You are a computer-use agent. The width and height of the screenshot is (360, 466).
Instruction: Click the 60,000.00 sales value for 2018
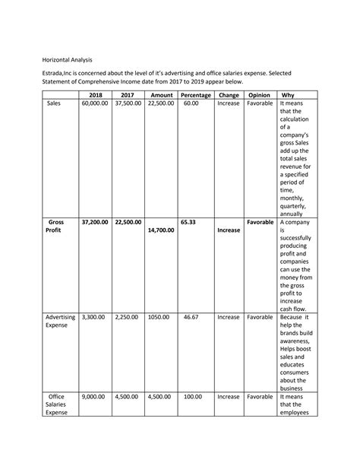click(x=96, y=103)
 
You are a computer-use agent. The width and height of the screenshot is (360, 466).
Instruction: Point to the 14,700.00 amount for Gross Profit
click(x=161, y=230)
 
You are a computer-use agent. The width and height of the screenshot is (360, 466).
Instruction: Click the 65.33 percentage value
click(x=189, y=223)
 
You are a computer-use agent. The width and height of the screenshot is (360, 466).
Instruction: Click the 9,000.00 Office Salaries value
click(x=96, y=397)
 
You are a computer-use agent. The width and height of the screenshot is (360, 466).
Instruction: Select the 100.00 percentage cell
click(x=191, y=397)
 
